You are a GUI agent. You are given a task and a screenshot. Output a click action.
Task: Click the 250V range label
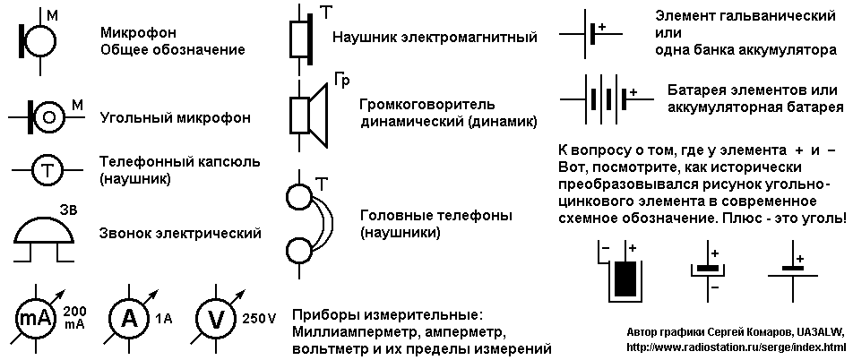pyautogui.click(x=259, y=319)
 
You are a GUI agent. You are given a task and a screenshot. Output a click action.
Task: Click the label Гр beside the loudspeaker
pyautogui.click(x=341, y=81)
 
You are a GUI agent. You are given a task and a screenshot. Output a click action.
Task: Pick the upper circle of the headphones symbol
pyautogui.click(x=299, y=197)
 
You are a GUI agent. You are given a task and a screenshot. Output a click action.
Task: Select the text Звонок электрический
pyautogui.click(x=180, y=234)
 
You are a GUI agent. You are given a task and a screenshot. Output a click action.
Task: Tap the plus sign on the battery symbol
pyautogui.click(x=633, y=92)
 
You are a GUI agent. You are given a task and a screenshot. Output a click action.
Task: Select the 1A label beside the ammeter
pyautogui.click(x=163, y=319)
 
